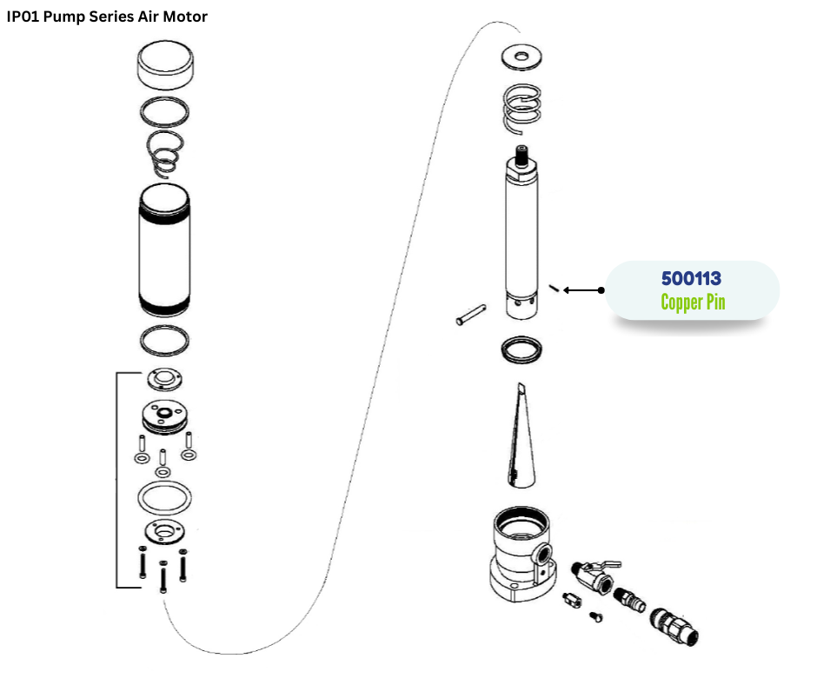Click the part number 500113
(691, 279)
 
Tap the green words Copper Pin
(692, 303)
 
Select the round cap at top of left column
(165, 68)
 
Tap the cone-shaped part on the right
(520, 435)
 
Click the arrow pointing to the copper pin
(583, 290)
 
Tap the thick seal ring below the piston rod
(521, 349)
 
